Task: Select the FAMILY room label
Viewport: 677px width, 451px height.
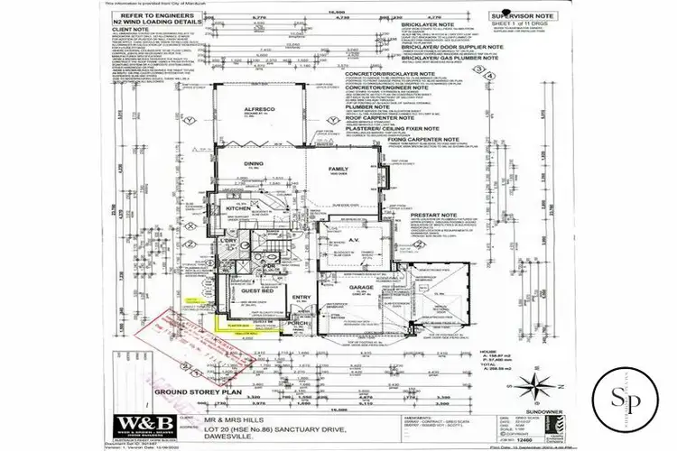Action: coord(339,170)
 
